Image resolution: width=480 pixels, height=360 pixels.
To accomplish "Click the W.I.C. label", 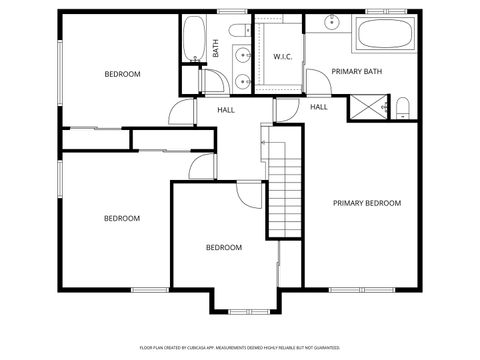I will click(x=282, y=56).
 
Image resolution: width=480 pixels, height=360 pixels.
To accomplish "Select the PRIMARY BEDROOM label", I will click(x=367, y=203).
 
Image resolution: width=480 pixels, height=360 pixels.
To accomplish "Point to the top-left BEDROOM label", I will click(x=123, y=74).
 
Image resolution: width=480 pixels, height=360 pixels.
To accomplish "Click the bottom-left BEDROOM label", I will click(x=122, y=218).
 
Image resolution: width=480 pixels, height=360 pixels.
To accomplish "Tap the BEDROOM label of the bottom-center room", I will click(x=223, y=248).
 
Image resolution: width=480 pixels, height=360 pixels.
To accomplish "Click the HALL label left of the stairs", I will click(x=226, y=109).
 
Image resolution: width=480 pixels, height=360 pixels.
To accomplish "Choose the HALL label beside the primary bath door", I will click(x=319, y=107).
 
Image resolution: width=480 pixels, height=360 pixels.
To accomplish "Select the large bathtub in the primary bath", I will click(x=383, y=36).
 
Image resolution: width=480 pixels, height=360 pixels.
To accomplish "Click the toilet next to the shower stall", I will click(x=402, y=107).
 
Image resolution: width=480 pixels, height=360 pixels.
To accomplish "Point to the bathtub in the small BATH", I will click(x=194, y=40).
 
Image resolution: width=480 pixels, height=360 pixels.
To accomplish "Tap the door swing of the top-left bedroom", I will click(x=180, y=113).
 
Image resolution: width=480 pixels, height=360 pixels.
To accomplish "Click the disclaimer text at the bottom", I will click(x=239, y=347).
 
